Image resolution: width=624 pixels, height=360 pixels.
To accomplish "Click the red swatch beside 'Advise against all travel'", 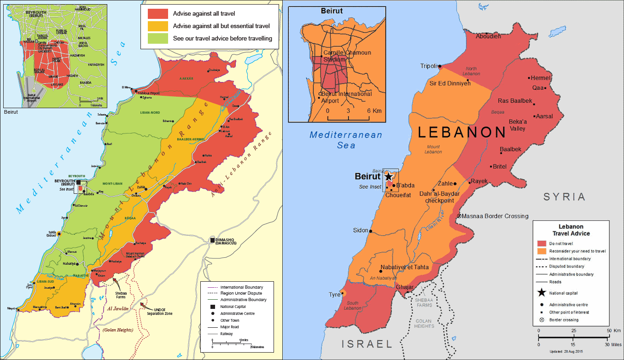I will (157, 14).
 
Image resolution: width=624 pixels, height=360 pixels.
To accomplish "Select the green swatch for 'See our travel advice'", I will (157, 39).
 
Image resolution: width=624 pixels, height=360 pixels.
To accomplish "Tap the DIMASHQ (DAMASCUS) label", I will (226, 241).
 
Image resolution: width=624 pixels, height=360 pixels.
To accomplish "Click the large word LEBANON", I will (462, 133).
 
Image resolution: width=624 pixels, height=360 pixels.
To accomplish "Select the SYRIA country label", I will (564, 197).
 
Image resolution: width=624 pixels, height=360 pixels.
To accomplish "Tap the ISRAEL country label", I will (367, 344).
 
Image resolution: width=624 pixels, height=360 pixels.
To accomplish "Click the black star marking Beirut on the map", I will (388, 176).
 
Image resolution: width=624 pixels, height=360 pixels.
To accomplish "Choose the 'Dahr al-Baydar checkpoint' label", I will (440, 197).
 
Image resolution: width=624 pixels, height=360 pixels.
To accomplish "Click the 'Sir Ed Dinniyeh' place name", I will (450, 83).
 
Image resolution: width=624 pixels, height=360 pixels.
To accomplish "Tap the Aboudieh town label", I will (488, 36).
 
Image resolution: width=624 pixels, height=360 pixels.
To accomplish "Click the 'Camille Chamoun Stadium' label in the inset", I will (347, 56).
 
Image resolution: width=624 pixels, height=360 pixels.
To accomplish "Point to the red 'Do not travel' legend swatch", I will (542, 244).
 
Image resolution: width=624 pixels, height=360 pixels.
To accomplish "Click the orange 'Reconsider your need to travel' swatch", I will (542, 251).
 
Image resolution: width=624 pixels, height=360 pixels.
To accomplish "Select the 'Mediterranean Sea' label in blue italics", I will (345, 140).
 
